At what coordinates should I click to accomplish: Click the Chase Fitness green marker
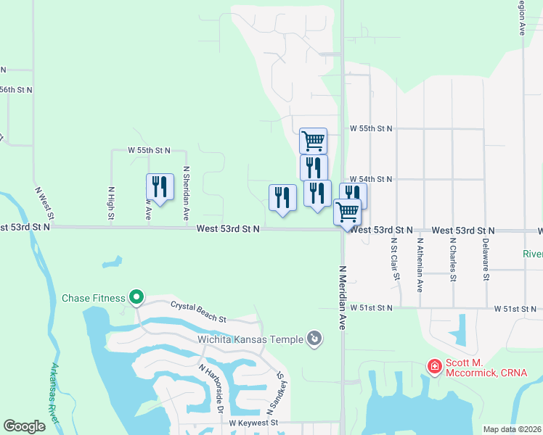coord(136,297)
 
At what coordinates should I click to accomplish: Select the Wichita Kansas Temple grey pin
coord(314,338)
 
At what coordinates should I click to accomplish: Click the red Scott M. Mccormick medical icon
coord(434,367)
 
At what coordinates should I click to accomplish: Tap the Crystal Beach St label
coord(199,312)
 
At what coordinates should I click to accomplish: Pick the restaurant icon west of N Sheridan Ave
coord(160,187)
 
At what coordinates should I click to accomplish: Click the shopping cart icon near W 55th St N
coord(313,139)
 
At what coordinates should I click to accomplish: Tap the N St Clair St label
coord(394,260)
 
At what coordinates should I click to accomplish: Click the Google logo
coord(24,426)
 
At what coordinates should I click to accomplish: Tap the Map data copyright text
coord(512,429)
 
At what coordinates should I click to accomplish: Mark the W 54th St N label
coord(370,179)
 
